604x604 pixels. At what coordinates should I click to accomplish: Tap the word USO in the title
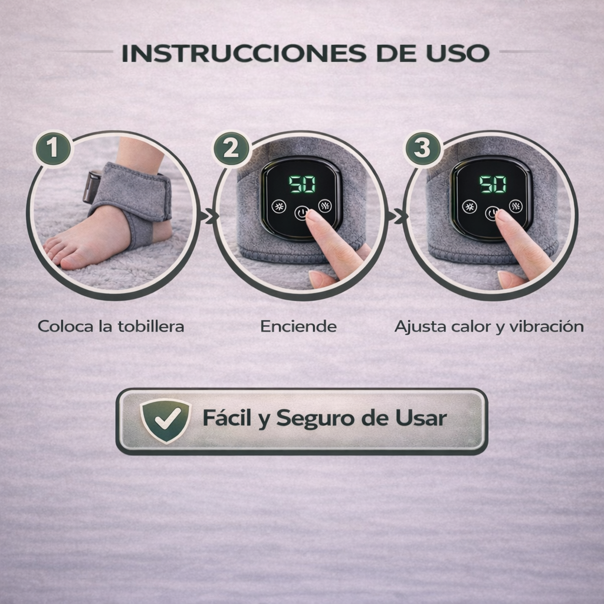pos(458,53)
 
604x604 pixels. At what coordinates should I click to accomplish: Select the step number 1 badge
pos(52,148)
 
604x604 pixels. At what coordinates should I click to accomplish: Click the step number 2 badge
pos(231,148)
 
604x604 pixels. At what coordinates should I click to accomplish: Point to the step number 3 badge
pos(422,148)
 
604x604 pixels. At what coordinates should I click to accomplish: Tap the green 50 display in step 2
pos(303,185)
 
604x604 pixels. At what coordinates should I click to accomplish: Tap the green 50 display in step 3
pos(493,185)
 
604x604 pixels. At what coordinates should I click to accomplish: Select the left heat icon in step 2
pos(278,206)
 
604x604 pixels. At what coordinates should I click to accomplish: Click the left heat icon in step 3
pos(469,206)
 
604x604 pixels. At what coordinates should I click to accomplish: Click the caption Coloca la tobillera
pos(111,326)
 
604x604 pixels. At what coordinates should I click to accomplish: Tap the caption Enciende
pos(298,326)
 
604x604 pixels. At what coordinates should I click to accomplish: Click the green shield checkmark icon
pos(166,421)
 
